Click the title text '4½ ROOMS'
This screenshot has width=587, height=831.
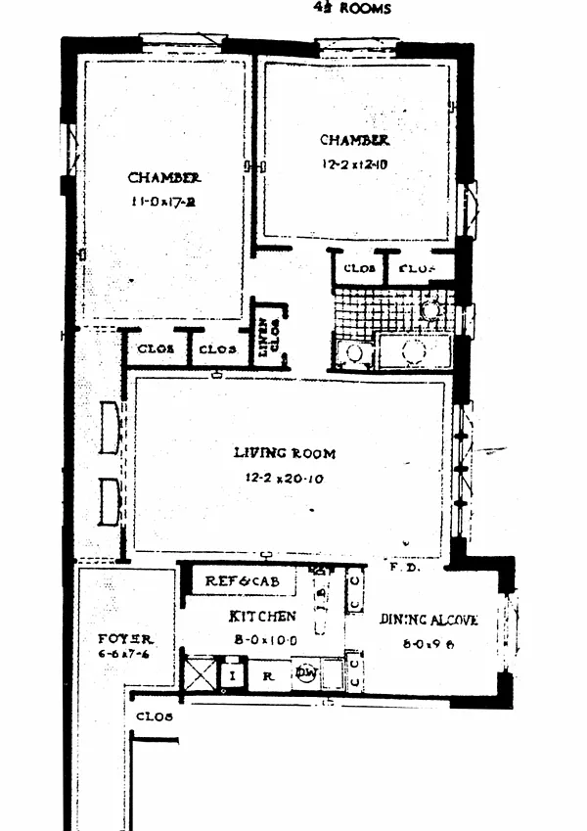pyautogui.click(x=352, y=9)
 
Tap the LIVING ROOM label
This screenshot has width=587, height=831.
pyautogui.click(x=284, y=453)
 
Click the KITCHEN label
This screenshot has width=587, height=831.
pyautogui.click(x=262, y=617)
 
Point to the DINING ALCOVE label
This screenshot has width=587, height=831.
pyautogui.click(x=428, y=620)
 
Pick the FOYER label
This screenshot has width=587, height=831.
pyautogui.click(x=125, y=638)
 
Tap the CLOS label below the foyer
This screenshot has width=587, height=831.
pyautogui.click(x=155, y=716)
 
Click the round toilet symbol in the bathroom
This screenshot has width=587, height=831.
pyautogui.click(x=430, y=309)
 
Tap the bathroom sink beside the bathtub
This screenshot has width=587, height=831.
pyautogui.click(x=353, y=352)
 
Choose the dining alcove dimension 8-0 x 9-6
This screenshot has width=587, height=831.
pyautogui.click(x=428, y=646)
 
